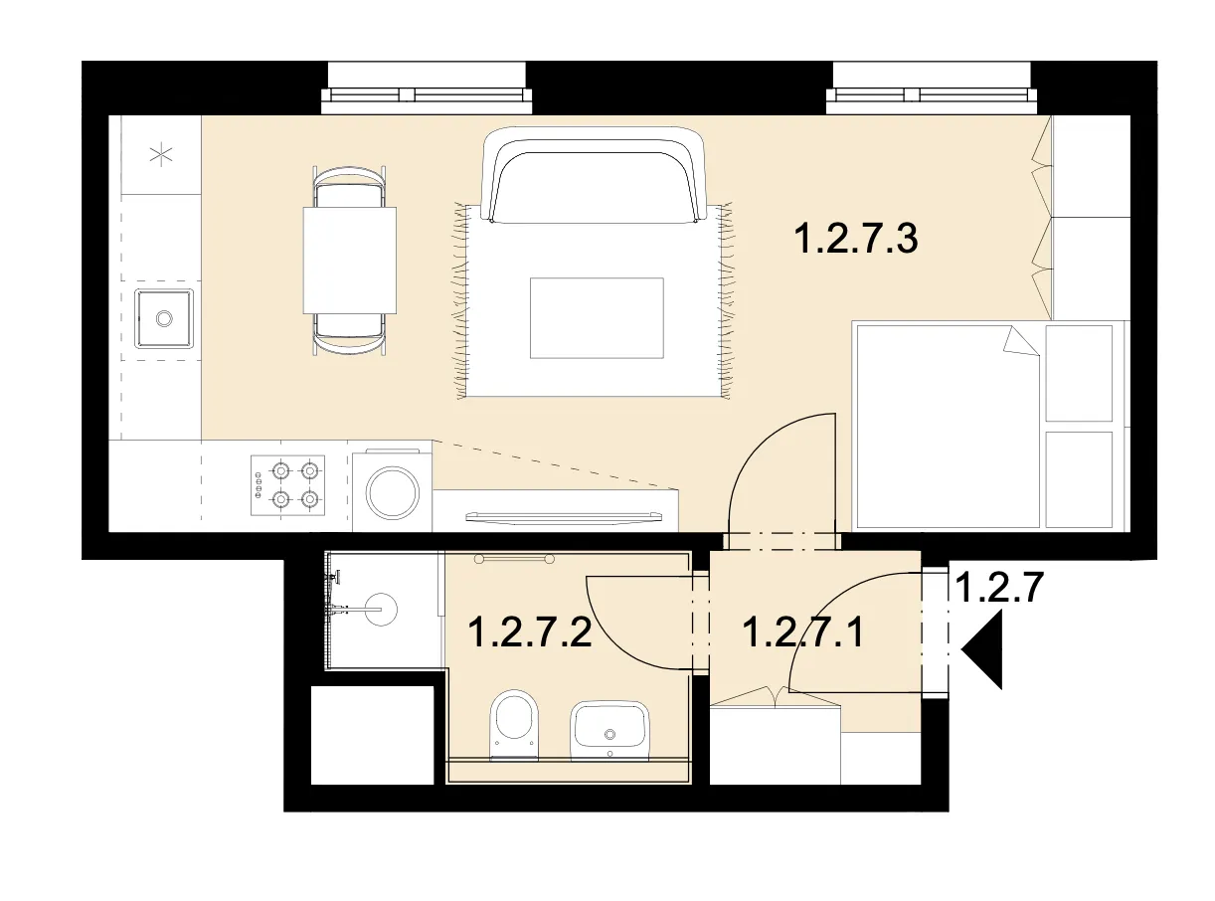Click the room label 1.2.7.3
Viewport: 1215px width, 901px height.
(855, 239)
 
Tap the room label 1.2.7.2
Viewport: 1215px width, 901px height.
(530, 631)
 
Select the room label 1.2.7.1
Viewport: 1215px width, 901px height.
(802, 631)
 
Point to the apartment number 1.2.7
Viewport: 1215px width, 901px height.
(998, 588)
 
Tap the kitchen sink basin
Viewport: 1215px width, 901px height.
(164, 318)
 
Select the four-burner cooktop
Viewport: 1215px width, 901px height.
(287, 485)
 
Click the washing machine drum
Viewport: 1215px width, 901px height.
(392, 492)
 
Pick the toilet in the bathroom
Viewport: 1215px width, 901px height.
(513, 725)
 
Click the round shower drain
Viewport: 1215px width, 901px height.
(380, 609)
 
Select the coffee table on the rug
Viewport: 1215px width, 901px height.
(597, 318)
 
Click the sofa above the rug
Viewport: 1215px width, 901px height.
(594, 175)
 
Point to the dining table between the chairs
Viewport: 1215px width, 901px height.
(350, 261)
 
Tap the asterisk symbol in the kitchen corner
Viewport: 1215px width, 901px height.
(161, 154)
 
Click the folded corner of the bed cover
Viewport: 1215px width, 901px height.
(1022, 341)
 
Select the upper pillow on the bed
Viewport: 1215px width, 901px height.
(1079, 373)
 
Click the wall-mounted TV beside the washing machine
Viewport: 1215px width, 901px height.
(564, 516)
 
